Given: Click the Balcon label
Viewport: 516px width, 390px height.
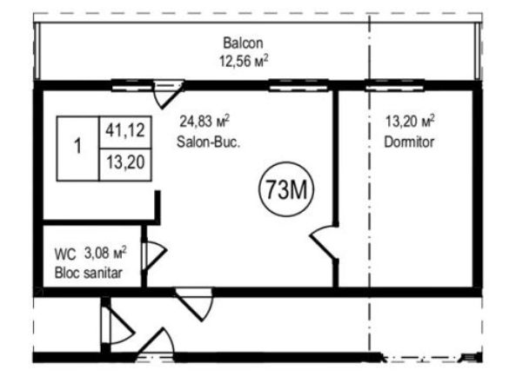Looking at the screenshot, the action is click(243, 43).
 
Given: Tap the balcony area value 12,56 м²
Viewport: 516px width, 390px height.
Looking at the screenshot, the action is click(244, 61).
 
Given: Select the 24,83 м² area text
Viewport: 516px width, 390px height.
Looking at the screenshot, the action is click(204, 122).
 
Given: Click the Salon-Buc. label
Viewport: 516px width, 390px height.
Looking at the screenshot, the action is click(208, 142).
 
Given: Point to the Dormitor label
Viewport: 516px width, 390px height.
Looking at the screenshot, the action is click(409, 142).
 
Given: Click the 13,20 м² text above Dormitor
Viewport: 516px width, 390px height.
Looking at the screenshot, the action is click(410, 122).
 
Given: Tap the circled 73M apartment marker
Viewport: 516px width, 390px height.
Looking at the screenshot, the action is click(286, 189).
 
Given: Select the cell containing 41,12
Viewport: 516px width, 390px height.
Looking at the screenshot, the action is click(125, 132).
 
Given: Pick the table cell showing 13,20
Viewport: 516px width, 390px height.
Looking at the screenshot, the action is click(125, 164).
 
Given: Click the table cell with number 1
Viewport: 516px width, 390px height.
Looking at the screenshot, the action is click(78, 149).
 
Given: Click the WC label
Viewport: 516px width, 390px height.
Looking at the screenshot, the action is click(65, 254).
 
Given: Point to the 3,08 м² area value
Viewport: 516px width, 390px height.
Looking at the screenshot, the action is click(105, 253).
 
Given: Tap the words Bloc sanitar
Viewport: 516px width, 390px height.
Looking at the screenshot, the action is click(88, 273).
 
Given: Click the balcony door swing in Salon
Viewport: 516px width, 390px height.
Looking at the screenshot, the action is click(169, 95).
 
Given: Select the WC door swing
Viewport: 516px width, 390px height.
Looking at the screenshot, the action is click(155, 256).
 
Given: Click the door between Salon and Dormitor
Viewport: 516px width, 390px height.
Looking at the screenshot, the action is click(325, 241).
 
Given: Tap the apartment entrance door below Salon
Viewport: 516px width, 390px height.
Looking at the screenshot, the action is click(194, 304).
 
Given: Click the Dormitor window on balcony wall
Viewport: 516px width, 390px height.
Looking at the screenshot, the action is click(394, 85).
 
